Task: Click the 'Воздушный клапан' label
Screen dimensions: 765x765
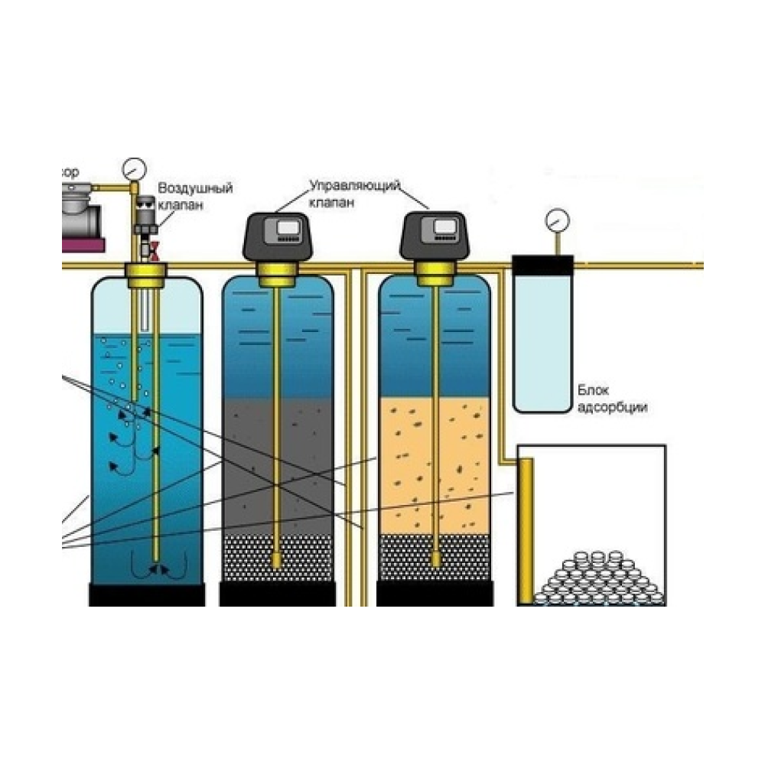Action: coord(194,196)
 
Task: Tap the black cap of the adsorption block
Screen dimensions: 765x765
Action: coord(542,265)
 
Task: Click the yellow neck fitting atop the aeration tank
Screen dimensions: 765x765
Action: coord(147,272)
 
